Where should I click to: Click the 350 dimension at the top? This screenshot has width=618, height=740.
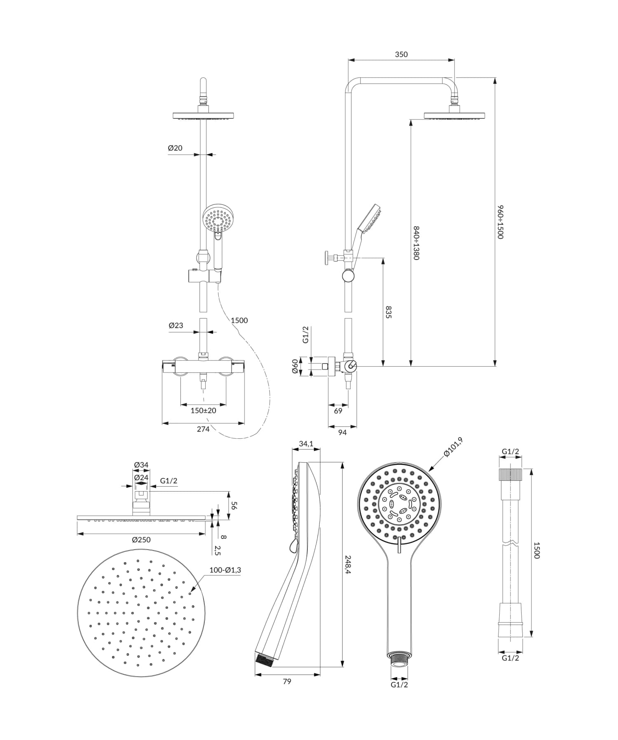click(401, 54)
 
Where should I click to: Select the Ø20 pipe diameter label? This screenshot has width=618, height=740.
click(175, 148)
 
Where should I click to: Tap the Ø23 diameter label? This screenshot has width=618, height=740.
click(176, 326)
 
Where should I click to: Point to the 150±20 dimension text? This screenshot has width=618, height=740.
click(203, 410)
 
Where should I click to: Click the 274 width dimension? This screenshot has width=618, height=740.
click(203, 429)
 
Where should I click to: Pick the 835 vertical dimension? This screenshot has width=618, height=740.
click(388, 312)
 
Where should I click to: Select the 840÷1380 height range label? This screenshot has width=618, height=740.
click(416, 243)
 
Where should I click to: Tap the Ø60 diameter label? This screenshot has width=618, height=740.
click(295, 366)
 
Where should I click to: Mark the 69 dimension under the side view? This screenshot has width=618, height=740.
click(338, 411)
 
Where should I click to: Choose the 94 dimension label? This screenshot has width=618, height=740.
click(342, 432)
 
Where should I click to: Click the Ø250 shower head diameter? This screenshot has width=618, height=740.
click(141, 540)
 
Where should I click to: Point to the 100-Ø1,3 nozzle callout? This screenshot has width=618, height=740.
click(225, 570)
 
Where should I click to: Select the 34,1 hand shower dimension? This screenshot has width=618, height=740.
click(306, 444)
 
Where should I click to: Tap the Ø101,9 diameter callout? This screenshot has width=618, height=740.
click(453, 447)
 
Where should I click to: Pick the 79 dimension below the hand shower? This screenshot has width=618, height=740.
click(287, 681)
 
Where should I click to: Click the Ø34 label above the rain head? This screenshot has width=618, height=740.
click(141, 465)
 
